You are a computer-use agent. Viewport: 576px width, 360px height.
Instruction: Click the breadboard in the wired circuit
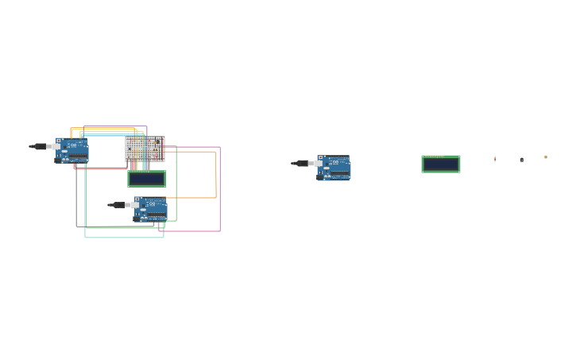click(x=145, y=149)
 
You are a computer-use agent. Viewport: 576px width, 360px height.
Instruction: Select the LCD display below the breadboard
click(x=147, y=179)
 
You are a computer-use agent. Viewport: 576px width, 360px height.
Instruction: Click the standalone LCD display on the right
click(x=441, y=165)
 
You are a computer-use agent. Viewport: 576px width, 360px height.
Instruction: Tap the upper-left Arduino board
click(x=72, y=150)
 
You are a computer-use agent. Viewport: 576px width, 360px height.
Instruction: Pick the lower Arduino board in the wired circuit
click(x=151, y=209)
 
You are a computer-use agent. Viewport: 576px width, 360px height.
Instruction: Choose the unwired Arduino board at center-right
click(x=334, y=168)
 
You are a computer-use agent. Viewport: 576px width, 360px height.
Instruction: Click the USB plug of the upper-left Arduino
click(x=39, y=146)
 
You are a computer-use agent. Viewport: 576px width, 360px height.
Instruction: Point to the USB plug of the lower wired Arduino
click(x=118, y=205)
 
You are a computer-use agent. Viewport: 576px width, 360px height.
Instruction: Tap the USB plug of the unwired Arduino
click(x=301, y=163)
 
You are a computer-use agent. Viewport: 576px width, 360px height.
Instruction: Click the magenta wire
click(x=220, y=191)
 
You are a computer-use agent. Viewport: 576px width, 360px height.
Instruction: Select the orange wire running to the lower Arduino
click(x=215, y=175)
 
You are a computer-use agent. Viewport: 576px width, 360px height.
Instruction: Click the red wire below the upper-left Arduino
click(x=99, y=168)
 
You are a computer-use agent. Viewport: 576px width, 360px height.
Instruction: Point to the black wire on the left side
click(x=76, y=199)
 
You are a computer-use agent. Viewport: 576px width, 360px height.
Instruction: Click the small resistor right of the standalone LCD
click(x=495, y=159)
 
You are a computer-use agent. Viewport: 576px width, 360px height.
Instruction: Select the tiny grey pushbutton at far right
click(x=521, y=160)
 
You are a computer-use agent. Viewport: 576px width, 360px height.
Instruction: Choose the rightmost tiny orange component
click(x=546, y=157)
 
